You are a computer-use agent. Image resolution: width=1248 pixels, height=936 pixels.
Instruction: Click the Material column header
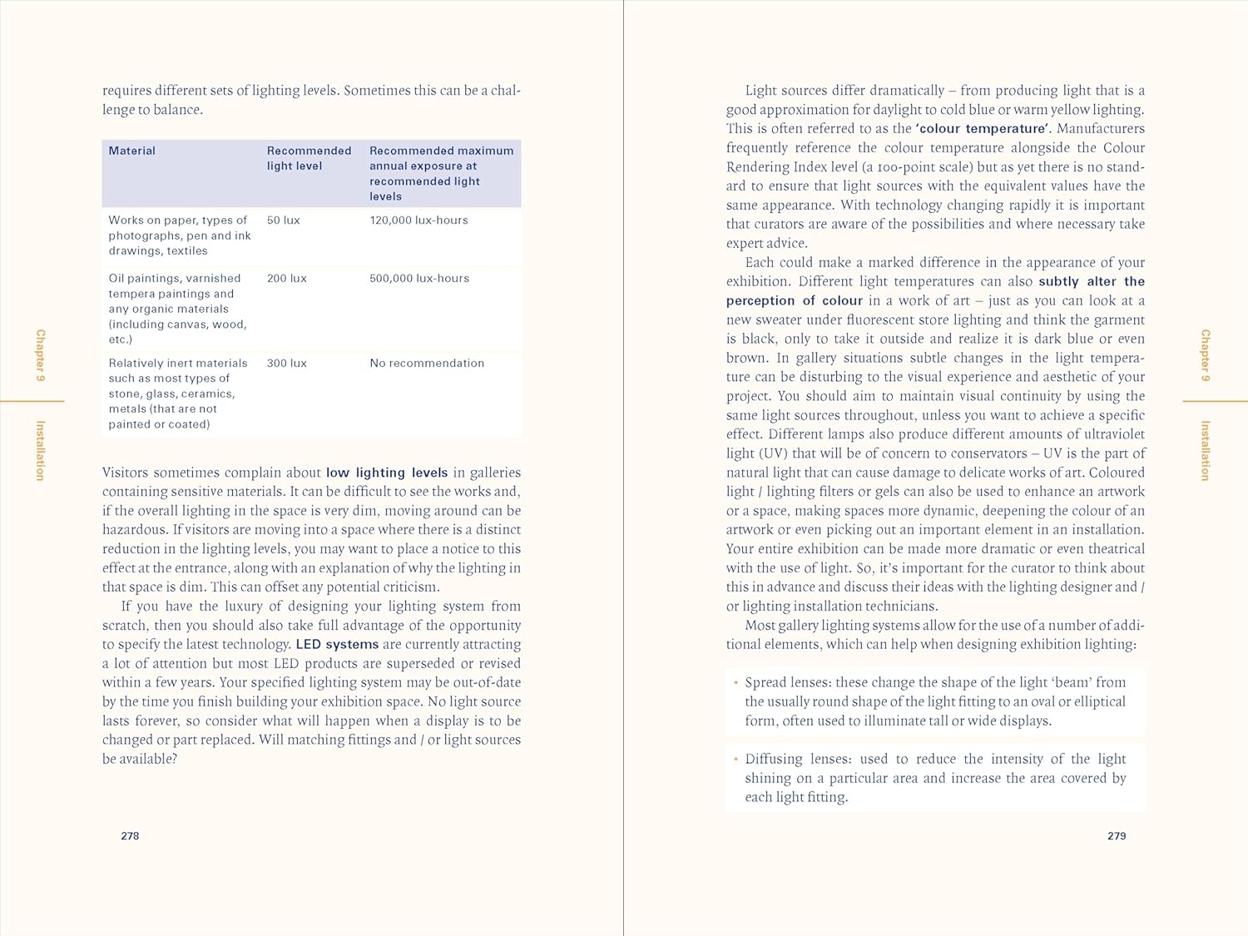tap(131, 151)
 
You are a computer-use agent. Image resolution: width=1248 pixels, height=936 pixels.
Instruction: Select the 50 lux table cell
tap(283, 220)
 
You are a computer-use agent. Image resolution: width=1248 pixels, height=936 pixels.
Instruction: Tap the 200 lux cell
tap(286, 279)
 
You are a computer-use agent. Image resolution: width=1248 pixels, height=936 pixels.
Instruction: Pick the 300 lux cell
tap(286, 364)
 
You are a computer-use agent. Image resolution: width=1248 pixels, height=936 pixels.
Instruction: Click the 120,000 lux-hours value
tap(418, 220)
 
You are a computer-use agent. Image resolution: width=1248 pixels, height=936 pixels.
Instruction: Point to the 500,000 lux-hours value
tap(419, 279)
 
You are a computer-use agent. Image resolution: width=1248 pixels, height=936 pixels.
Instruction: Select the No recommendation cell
tap(427, 364)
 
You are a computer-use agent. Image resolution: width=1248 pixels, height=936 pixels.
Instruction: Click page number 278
tap(130, 836)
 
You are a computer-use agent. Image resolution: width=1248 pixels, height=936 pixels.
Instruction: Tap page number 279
tap(1117, 836)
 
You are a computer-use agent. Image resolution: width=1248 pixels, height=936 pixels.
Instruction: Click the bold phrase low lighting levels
tap(387, 473)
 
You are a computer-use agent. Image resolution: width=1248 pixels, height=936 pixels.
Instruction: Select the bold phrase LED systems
tap(337, 645)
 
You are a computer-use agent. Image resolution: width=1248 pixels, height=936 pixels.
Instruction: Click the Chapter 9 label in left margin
tap(40, 355)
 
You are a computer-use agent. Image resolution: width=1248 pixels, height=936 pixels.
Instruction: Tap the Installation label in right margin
tap(1205, 450)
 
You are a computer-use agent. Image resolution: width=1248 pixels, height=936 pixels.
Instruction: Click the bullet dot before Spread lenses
tap(736, 682)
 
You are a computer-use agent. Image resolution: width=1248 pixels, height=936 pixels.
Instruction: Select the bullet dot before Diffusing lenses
tap(736, 759)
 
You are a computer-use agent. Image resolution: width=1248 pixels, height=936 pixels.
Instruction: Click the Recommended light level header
tap(309, 158)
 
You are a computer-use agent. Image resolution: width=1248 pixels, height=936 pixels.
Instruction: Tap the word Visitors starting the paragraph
tap(125, 473)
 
